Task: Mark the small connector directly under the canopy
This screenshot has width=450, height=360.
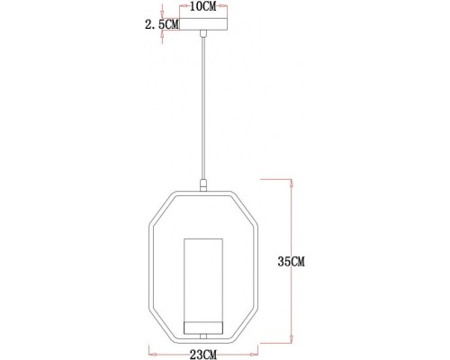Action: [x=205, y=32]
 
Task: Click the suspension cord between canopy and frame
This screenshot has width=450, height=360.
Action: [x=205, y=108]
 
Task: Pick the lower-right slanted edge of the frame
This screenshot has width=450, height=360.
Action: [x=247, y=324]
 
